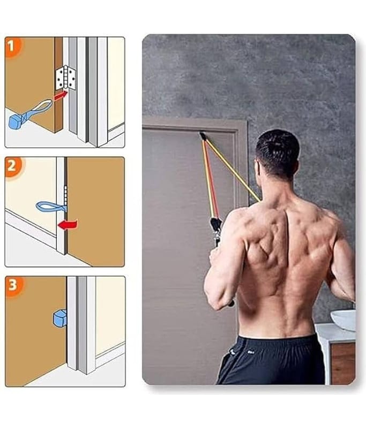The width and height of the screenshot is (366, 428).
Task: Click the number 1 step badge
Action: click(x=11, y=47)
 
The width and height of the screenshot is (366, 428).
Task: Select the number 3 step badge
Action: click(x=13, y=285)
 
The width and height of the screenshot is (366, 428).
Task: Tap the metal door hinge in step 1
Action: click(x=65, y=78)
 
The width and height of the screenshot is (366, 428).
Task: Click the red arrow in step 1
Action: click(x=61, y=96)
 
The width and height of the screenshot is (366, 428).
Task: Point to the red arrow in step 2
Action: click(x=68, y=224)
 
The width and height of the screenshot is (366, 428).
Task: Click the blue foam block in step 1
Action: click(x=17, y=122)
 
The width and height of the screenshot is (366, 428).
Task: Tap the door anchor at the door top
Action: click(x=203, y=135)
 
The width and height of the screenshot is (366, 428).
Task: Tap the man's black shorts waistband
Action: click(x=278, y=342)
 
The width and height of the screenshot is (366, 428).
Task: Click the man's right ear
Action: click(x=257, y=167)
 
